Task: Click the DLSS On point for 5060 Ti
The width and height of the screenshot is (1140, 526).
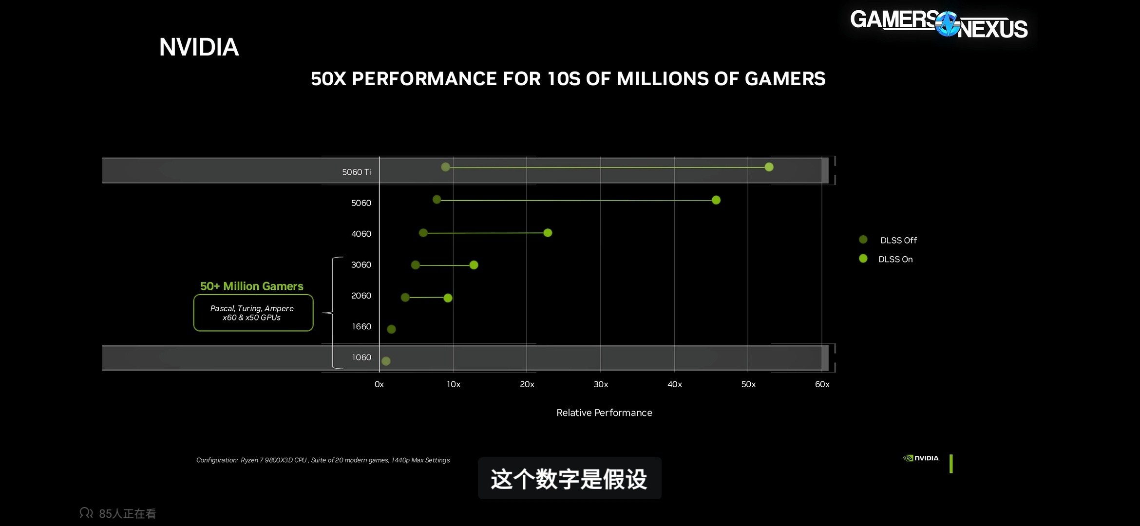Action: [x=769, y=167]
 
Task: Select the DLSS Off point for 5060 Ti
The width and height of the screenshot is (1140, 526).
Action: [x=445, y=167]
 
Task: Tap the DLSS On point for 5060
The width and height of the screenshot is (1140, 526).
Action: [x=716, y=200]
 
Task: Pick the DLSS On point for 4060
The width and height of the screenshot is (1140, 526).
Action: [x=548, y=233]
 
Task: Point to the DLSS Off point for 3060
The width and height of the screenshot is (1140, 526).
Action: [x=415, y=265]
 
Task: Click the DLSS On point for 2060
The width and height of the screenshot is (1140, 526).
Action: [x=448, y=298]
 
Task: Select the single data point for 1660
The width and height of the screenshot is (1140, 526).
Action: [x=391, y=329]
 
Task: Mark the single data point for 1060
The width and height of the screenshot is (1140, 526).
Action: [x=386, y=361]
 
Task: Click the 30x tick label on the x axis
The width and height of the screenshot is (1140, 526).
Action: [x=601, y=384]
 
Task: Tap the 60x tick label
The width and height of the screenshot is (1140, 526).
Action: [x=822, y=384]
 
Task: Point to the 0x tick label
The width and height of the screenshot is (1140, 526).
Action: [x=379, y=384]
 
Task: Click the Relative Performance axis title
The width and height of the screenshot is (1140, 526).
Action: [x=604, y=413]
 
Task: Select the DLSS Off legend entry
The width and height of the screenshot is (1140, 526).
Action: [x=898, y=240]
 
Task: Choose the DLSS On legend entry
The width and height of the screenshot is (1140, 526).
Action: [x=895, y=259]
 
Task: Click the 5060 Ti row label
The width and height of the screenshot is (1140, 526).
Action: [x=356, y=172]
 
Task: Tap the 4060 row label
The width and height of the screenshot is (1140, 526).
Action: [x=361, y=234]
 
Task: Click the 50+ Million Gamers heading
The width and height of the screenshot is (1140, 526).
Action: [x=251, y=286]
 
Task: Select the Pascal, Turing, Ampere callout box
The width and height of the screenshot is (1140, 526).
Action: [x=253, y=313]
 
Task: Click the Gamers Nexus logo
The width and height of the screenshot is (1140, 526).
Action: [x=939, y=24]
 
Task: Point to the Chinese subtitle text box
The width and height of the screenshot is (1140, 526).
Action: [x=569, y=478]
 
